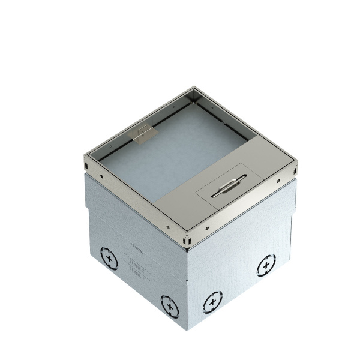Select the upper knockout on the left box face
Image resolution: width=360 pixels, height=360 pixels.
[x=109, y=259]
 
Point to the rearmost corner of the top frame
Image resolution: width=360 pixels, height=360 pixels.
[x=193, y=90]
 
